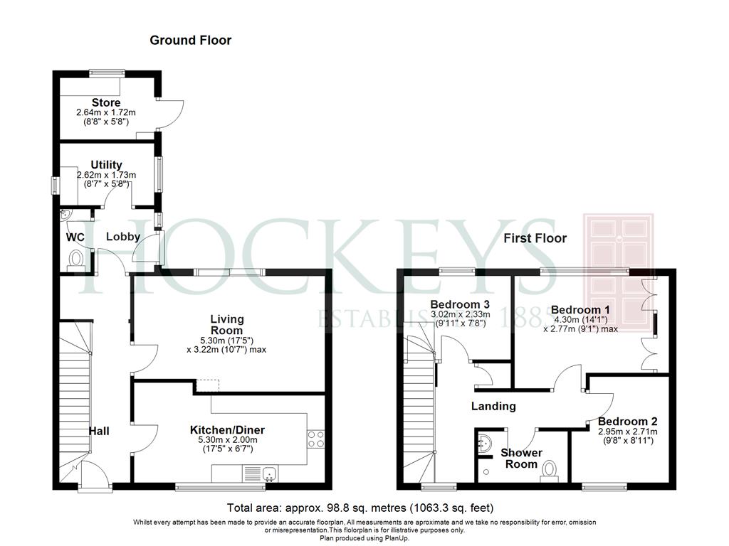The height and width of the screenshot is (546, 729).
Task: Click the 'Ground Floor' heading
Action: (190, 41)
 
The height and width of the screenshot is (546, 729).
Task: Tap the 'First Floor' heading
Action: (535, 238)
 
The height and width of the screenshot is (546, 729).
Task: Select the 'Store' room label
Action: (105, 103)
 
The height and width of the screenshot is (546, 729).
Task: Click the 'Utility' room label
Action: (107, 165)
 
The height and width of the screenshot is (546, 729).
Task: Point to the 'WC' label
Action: (75, 237)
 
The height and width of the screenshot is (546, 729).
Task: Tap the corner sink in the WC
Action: (68, 215)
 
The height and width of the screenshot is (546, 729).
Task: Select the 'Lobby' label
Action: (123, 237)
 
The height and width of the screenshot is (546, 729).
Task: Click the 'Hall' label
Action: (99, 431)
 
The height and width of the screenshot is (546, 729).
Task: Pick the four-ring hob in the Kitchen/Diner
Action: (316, 439)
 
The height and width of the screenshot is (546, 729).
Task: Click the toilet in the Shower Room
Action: (549, 471)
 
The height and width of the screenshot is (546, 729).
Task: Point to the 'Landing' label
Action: (493, 407)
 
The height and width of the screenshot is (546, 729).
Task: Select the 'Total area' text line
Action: (360, 508)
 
